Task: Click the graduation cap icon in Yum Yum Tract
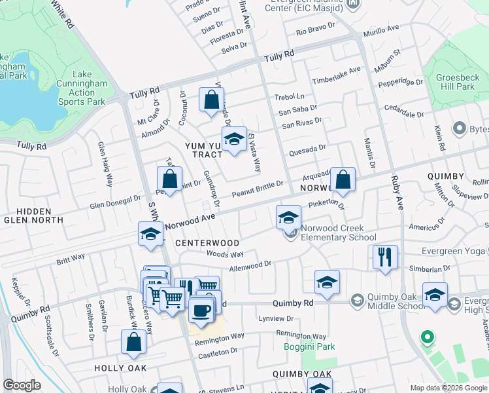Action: click(233, 139)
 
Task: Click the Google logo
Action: click(22, 384)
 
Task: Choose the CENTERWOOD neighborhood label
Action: click(207, 243)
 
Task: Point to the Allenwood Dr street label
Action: click(250, 265)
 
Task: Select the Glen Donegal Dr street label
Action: click(115, 202)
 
